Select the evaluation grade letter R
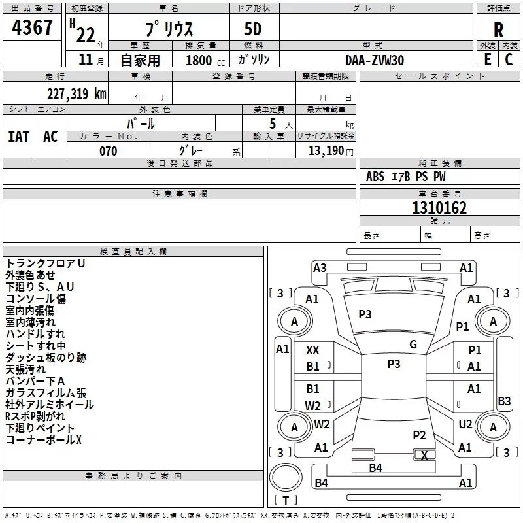(499, 30)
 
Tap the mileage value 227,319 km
(77, 94)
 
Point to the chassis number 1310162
(439, 209)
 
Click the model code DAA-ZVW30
(375, 60)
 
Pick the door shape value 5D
(253, 30)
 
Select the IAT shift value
(19, 137)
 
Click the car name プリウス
(168, 30)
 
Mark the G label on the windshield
(413, 345)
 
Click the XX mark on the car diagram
(313, 350)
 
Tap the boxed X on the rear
(425, 455)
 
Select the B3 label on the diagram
(504, 401)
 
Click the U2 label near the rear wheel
(465, 424)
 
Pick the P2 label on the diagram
(419, 435)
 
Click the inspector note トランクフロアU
(46, 263)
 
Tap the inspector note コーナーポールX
(44, 440)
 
